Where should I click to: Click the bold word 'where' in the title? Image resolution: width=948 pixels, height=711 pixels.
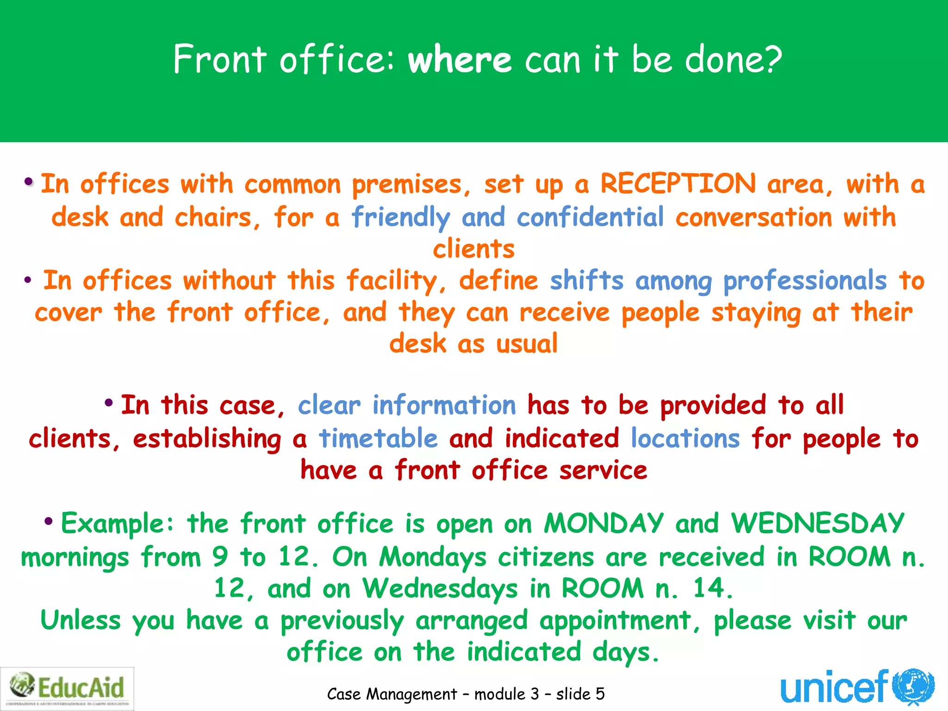[459, 60]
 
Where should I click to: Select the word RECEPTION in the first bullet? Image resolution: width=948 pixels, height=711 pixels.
[678, 184]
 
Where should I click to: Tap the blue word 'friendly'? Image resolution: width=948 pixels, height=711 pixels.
[400, 217]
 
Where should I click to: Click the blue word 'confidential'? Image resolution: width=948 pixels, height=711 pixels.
[590, 217]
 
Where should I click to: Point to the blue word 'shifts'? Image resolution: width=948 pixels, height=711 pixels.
[586, 281]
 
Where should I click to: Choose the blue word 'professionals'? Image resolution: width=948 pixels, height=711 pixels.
[805, 281]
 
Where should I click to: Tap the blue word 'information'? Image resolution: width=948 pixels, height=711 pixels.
[444, 405]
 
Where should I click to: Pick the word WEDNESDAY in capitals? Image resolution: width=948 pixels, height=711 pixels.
[817, 524]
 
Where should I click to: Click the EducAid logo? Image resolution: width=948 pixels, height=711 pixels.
[68, 688]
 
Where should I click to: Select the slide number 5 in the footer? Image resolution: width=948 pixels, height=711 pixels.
[600, 694]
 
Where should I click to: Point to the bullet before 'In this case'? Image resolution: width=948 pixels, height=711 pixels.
[109, 403]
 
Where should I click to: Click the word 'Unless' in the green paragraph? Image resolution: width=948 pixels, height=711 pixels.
[81, 621]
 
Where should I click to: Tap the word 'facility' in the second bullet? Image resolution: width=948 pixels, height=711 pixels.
[392, 281]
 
